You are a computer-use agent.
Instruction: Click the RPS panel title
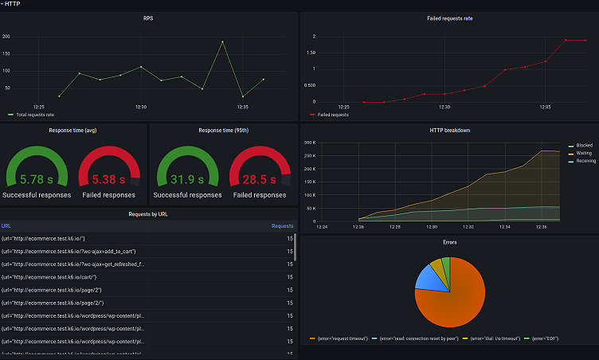pyautogui.click(x=149, y=18)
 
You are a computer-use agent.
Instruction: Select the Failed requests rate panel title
pyautogui.click(x=449, y=18)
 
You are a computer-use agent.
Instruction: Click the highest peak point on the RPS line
pyautogui.click(x=222, y=41)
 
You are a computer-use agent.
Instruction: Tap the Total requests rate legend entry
pyautogui.click(x=34, y=115)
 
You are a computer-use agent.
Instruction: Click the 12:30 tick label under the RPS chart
pyautogui.click(x=141, y=107)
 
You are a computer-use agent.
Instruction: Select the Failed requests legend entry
pyautogui.click(x=333, y=115)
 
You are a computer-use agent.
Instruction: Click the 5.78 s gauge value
pyautogui.click(x=37, y=180)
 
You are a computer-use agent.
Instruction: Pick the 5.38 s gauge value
pyautogui.click(x=109, y=180)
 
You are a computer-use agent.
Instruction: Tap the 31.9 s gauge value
pyautogui.click(x=188, y=180)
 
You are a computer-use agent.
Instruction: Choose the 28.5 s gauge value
pyautogui.click(x=260, y=180)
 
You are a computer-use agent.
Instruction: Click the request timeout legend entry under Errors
pyautogui.click(x=338, y=338)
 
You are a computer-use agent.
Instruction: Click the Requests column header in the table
pyautogui.click(x=282, y=225)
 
